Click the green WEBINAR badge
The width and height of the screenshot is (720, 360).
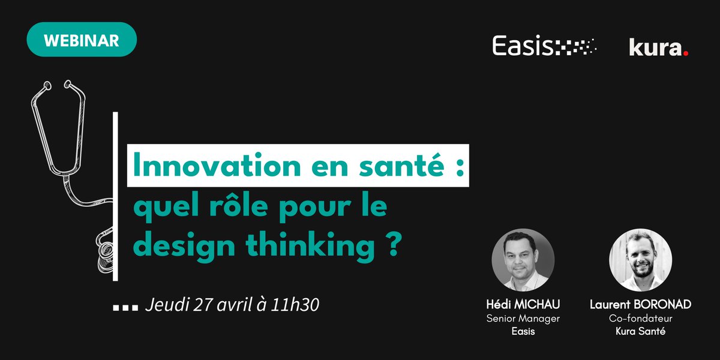[82, 40]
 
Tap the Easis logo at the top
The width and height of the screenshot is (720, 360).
[544, 46]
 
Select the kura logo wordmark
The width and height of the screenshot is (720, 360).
[655, 47]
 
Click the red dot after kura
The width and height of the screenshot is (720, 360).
[685, 53]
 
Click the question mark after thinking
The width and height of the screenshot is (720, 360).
[393, 246]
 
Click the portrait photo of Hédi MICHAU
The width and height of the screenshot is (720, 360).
[523, 260]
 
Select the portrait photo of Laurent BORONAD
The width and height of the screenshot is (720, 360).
[640, 260]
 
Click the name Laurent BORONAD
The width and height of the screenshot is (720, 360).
[640, 305]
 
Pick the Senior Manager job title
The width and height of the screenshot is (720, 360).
[523, 319]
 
